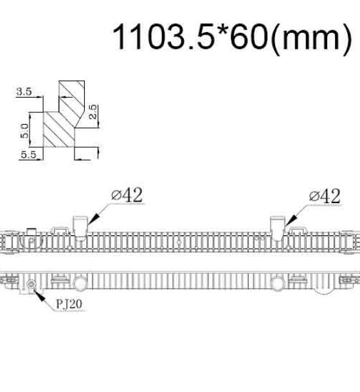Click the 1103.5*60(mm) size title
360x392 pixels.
(x=232, y=38)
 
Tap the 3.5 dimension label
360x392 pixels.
(x=24, y=91)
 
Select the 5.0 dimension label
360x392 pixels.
(x=24, y=130)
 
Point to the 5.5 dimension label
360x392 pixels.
(x=28, y=155)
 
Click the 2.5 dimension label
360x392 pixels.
(x=93, y=112)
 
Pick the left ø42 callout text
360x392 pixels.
(x=127, y=195)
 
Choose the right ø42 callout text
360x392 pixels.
(x=325, y=196)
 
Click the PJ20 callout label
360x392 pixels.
(x=69, y=304)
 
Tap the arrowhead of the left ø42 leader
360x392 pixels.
(x=92, y=219)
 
